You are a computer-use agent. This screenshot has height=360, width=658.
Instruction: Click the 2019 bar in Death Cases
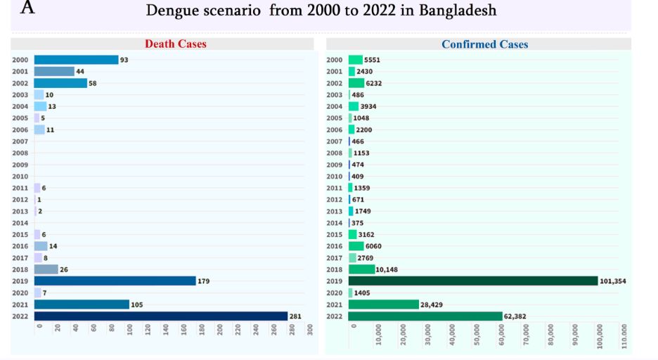coord(115,281)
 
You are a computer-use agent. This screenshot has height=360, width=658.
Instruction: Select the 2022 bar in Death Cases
coord(161,316)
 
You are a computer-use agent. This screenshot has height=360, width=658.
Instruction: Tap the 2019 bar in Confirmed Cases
coord(472,281)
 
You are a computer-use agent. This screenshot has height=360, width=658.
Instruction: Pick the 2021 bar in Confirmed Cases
coord(383,304)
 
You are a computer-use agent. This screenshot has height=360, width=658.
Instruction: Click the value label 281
coord(295,316)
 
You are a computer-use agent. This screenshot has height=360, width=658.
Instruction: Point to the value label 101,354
coord(613,281)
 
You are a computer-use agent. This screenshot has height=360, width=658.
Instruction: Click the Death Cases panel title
coord(176,44)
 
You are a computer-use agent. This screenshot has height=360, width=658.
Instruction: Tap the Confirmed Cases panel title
coord(484,44)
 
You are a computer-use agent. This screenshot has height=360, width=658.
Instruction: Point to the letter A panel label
coord(27,8)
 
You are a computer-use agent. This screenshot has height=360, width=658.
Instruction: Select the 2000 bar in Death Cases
coord(76,60)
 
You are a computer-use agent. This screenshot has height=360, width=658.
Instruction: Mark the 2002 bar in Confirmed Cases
coord(356,83)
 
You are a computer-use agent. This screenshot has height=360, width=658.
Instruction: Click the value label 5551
coord(372,60)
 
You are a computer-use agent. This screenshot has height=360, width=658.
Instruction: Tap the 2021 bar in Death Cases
coord(82,304)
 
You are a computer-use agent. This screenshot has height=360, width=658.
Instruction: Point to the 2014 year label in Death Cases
coord(20,222)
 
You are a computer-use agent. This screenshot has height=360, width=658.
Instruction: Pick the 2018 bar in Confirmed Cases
coord(361,269)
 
